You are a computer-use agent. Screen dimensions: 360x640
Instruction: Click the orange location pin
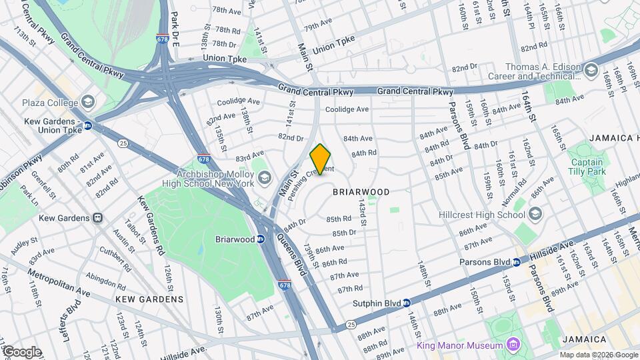[321, 159]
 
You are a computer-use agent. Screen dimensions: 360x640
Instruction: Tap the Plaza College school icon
[88, 103]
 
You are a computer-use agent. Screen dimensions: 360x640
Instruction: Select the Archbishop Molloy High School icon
[265, 177]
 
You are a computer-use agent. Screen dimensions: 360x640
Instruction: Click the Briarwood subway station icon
[261, 239]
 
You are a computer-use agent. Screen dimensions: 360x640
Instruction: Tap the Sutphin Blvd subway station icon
[406, 303]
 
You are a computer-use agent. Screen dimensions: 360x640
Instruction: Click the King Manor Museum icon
[513, 345]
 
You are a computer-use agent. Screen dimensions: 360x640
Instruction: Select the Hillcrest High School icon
[535, 215]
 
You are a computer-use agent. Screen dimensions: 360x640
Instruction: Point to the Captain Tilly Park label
[587, 167]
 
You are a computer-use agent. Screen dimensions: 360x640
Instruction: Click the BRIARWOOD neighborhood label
[361, 192]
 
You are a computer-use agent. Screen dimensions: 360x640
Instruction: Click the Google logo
[21, 351]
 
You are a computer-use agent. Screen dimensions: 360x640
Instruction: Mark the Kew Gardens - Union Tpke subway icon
[87, 125]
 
